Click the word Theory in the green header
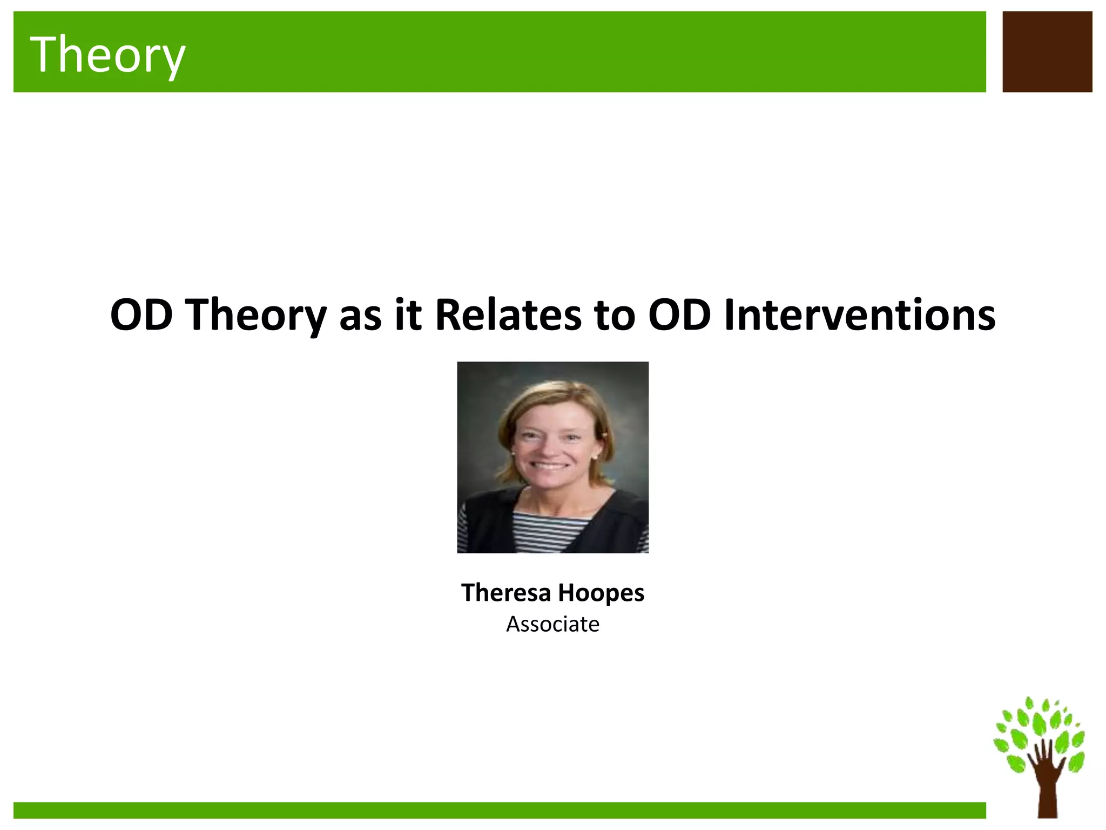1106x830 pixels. tap(107, 54)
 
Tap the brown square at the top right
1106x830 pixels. tap(1047, 52)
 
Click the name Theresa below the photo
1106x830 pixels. tap(505, 592)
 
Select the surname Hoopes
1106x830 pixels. tap(601, 593)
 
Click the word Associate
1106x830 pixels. tap(552, 624)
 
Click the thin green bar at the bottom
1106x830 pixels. tap(499, 810)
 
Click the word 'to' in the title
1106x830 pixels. tap(615, 316)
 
